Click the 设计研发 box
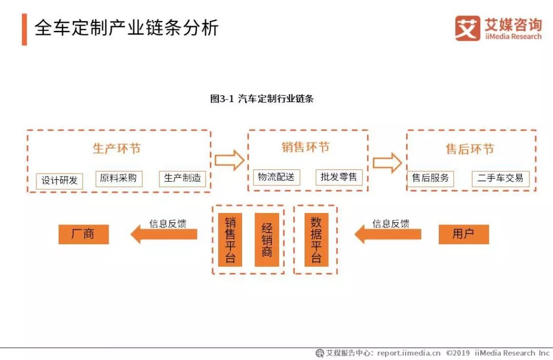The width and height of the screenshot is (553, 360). tap(59, 181)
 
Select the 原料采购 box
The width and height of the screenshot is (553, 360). tap(119, 178)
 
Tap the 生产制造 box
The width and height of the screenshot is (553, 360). tap(182, 178)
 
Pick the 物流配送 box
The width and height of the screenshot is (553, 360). tap(276, 178)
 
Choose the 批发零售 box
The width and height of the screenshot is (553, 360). tap(339, 178)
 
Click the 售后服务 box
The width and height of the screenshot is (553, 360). tap(431, 178)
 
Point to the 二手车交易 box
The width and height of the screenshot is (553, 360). tap(500, 178)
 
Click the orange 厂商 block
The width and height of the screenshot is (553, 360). tap(83, 235)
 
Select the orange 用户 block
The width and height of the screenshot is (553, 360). tap(463, 235)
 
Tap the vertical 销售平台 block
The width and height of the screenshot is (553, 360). tap(230, 240)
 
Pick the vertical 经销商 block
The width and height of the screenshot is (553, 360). tap(267, 240)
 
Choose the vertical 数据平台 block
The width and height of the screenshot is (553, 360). tap(316, 240)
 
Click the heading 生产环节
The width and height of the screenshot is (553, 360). tap(117, 149)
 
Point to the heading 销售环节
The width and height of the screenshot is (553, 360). tap(306, 147)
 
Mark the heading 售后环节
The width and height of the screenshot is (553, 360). tap(470, 149)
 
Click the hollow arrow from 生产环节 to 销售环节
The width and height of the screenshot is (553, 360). tap(229, 160)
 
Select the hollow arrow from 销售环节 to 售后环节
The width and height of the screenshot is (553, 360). tap(387, 162)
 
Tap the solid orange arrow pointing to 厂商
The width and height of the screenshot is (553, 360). tap(163, 235)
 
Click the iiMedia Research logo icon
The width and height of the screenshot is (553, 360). tap(467, 28)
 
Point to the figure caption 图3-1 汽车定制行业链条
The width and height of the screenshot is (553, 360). tap(262, 99)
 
